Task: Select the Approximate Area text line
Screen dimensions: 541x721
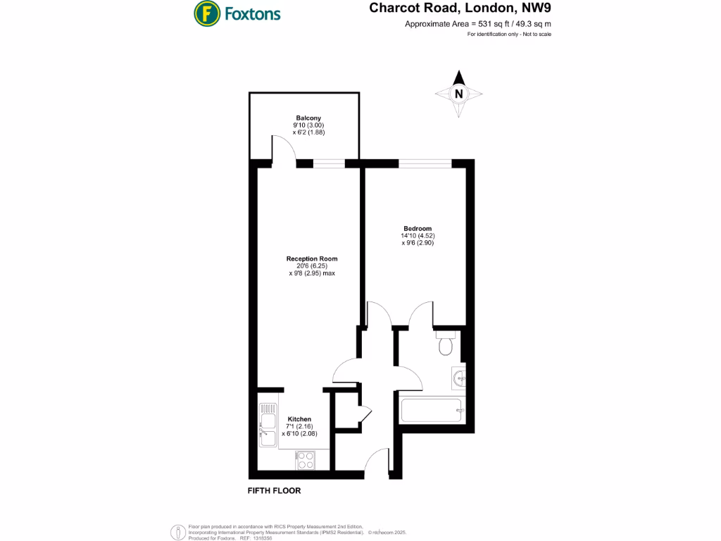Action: tap(477, 24)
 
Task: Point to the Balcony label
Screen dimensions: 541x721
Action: tap(308, 118)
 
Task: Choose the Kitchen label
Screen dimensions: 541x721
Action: tap(299, 419)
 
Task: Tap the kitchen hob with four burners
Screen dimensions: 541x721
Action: tap(306, 460)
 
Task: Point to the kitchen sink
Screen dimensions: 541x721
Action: tap(268, 425)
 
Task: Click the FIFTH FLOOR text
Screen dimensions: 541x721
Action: tap(274, 491)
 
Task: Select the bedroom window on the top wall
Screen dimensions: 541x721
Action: tap(425, 163)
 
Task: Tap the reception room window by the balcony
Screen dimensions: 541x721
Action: tap(329, 164)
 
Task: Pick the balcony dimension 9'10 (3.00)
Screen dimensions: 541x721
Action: tap(308, 125)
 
